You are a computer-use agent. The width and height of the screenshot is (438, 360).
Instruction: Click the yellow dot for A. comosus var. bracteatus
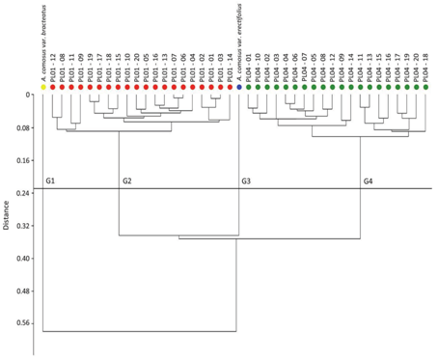click(43, 87)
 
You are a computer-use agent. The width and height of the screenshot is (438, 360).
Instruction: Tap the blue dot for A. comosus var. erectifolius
click(240, 87)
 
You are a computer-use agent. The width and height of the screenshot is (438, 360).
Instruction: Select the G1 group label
click(51, 181)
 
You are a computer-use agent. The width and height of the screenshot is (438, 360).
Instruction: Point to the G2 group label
click(127, 181)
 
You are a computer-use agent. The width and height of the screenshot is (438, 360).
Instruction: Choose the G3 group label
click(247, 181)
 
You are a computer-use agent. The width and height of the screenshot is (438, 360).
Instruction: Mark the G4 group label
click(369, 181)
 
